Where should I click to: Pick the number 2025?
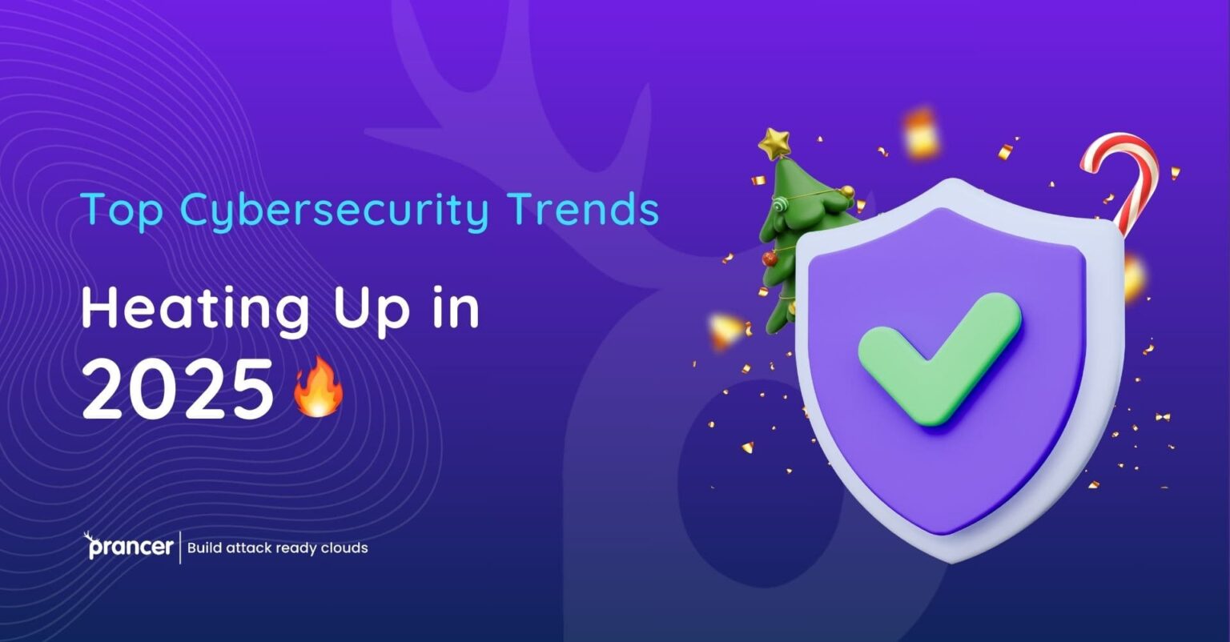tap(179, 390)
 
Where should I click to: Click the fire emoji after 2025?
tap(319, 387)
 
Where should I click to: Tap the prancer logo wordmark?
tap(129, 548)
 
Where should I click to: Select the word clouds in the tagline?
tap(344, 548)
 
